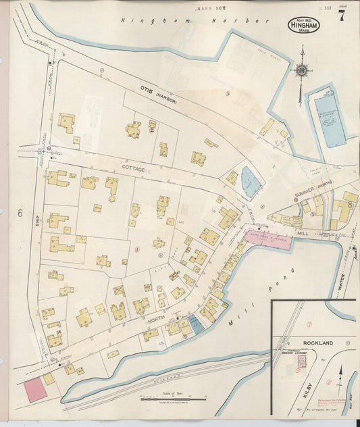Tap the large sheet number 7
(341, 18)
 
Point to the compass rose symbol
(302, 70)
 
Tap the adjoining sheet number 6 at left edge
(20, 214)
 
